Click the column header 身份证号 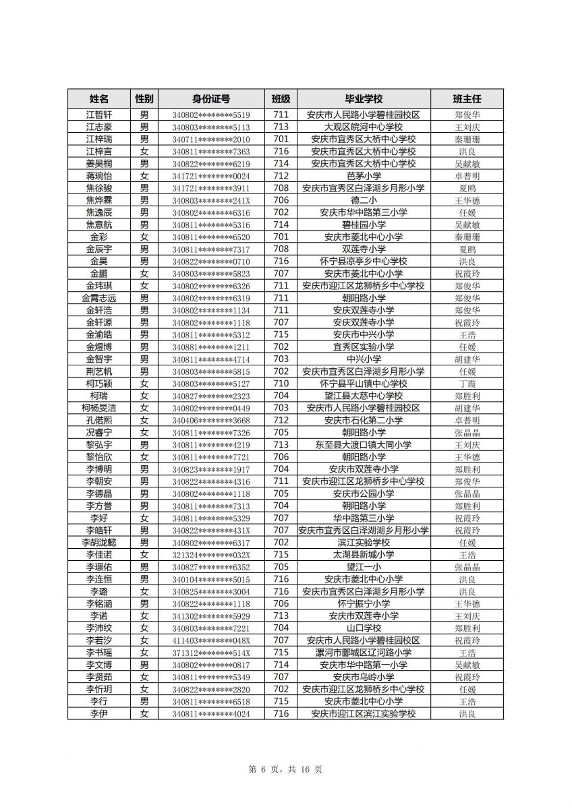[x=210, y=98]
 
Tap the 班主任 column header [x=467, y=98]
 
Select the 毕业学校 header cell [x=364, y=98]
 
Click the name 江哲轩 [x=99, y=115]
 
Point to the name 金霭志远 [x=99, y=298]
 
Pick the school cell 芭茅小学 [x=364, y=176]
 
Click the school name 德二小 [x=364, y=200]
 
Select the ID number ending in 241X [x=210, y=200]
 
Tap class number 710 [x=281, y=384]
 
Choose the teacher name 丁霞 [x=467, y=384]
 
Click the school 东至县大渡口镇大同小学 [x=364, y=445]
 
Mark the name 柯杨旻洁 [x=99, y=408]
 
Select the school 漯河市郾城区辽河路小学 [x=364, y=653]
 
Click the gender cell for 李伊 [x=144, y=714]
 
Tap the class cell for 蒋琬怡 [x=281, y=176]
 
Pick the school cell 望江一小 [x=364, y=567]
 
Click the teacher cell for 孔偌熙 [x=467, y=420]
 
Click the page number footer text [x=285, y=769]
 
